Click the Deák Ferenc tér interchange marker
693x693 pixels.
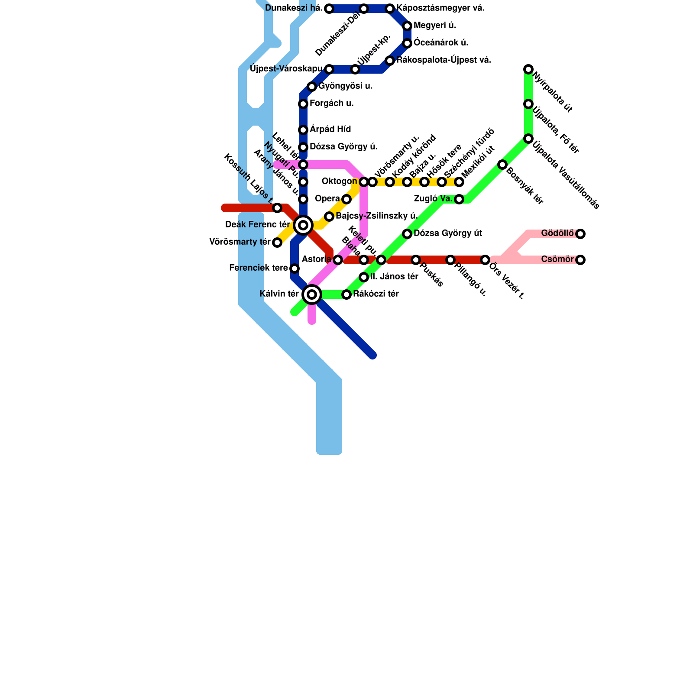point(303,225)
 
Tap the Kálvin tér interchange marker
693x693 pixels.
point(312,295)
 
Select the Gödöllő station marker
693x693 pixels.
point(580,234)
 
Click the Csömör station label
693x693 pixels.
point(557,259)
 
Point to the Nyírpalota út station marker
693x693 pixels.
point(528,69)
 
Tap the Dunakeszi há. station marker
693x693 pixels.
point(329,9)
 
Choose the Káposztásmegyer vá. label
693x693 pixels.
point(440,8)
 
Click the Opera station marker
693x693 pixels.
point(346,199)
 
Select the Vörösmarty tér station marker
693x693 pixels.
point(277,243)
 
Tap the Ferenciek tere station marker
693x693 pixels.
point(295,269)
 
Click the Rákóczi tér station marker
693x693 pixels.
point(346,295)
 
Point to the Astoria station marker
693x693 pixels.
point(338,260)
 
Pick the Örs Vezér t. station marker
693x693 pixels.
point(485,260)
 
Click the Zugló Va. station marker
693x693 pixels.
point(459,199)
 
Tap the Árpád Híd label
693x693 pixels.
point(330,130)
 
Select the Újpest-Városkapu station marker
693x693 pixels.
point(329,69)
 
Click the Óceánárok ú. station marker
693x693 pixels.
point(407,43)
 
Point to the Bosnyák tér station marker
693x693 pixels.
point(502,165)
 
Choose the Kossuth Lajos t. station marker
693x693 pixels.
point(277,208)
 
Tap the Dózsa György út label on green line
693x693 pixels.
point(448,233)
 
